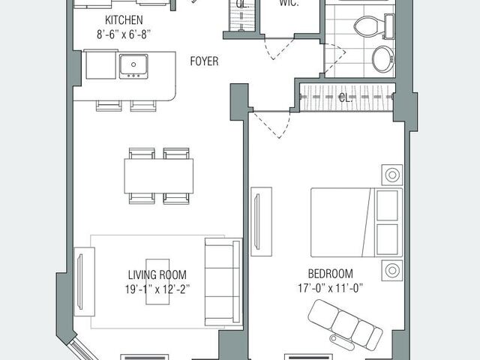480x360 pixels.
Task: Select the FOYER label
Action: click(204, 61)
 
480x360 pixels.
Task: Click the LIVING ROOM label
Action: click(157, 274)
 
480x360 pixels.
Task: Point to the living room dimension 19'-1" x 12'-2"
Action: click(157, 289)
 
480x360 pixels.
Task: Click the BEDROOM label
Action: click(330, 274)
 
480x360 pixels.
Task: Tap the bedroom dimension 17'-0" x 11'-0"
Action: click(330, 288)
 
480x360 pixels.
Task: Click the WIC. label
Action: click(289, 4)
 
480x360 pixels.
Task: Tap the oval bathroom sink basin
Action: click(382, 59)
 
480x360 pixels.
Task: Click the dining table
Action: click(158, 175)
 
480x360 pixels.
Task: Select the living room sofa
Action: click(223, 281)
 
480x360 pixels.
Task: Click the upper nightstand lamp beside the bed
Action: click(391, 175)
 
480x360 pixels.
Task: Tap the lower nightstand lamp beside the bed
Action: click(391, 269)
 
